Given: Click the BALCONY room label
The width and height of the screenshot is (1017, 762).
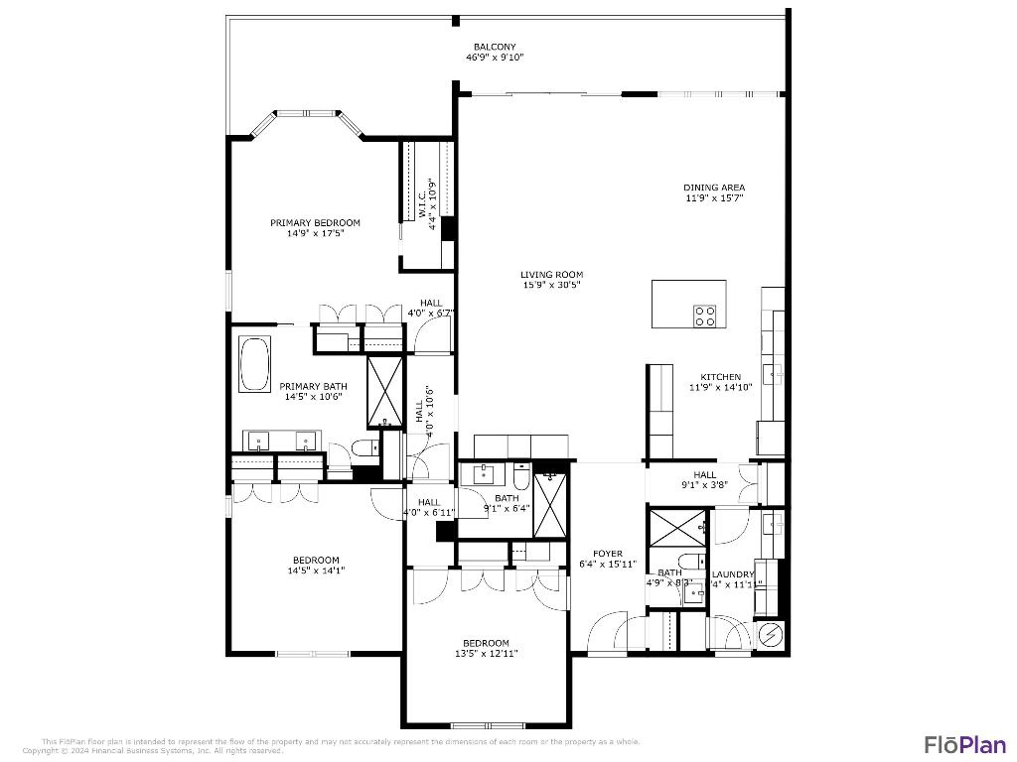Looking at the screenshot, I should [x=494, y=47].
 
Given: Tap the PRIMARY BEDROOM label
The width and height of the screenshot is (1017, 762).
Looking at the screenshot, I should [x=315, y=222].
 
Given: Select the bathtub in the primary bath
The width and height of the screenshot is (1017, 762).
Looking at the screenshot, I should [x=255, y=364].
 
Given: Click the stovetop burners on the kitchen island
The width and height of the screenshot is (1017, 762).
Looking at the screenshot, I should [x=705, y=316].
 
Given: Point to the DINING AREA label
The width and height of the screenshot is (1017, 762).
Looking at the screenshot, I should [x=713, y=188].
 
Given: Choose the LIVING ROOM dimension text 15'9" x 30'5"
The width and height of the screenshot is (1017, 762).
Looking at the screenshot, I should [x=552, y=285].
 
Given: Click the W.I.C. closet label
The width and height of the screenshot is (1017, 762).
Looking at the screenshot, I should [x=422, y=198].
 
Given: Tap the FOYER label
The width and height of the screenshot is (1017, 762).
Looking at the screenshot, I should [x=608, y=554].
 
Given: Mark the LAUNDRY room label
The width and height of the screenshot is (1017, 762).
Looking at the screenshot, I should [x=733, y=574].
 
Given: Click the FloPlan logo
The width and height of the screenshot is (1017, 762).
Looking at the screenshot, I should [x=964, y=744].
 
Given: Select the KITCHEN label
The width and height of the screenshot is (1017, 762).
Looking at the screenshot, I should [x=720, y=377].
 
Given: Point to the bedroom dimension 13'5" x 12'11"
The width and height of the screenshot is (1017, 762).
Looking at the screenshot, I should [x=486, y=653].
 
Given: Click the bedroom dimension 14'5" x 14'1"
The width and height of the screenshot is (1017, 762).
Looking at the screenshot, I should [x=315, y=571].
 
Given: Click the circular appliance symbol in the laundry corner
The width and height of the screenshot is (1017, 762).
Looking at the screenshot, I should [x=770, y=635].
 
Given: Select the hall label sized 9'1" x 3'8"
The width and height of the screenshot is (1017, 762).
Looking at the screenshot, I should [x=704, y=474].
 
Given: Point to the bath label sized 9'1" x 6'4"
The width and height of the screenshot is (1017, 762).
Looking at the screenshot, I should [x=507, y=498].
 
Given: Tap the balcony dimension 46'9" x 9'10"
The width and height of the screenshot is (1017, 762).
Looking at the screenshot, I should [x=494, y=58].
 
